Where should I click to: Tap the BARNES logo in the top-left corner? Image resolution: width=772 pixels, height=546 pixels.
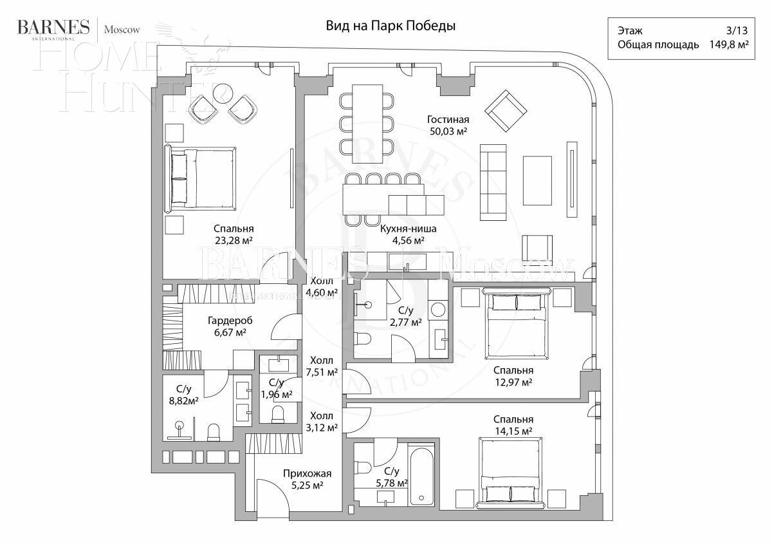(x=53, y=27)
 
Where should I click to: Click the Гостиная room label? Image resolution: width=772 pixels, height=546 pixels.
(x=448, y=120)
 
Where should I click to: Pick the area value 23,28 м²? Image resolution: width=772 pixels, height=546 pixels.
(x=234, y=241)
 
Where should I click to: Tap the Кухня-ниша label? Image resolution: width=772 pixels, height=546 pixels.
(x=409, y=229)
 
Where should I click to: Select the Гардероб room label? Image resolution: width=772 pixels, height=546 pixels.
(x=230, y=321)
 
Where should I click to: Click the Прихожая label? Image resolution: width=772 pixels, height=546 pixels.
(x=303, y=474)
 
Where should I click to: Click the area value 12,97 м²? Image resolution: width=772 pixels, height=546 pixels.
(x=513, y=382)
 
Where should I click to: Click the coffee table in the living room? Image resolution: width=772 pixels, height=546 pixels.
(x=537, y=180)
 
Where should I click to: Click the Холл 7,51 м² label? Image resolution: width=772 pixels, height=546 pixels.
(x=323, y=366)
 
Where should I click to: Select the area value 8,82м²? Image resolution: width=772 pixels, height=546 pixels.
(x=183, y=400)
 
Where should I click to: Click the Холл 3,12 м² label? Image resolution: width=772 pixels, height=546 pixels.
(x=323, y=422)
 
